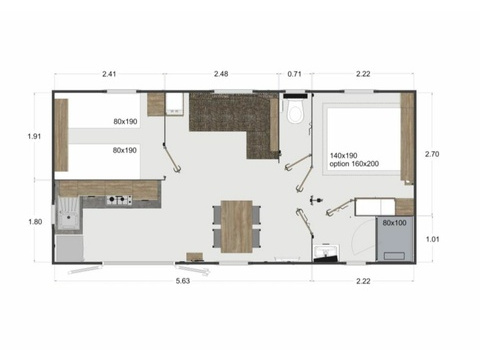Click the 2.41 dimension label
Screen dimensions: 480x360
click(x=109, y=74)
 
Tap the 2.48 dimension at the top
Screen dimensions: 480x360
click(x=221, y=74)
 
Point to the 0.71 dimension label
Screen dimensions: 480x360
click(x=294, y=74)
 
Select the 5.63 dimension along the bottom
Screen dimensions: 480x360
click(x=183, y=281)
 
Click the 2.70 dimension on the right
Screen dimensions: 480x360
click(x=432, y=154)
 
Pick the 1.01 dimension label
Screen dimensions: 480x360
click(x=433, y=239)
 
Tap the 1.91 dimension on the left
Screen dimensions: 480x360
click(x=34, y=136)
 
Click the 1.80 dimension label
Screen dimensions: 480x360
click(x=35, y=222)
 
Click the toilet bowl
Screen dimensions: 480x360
click(x=296, y=112)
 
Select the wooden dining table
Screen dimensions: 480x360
click(x=237, y=226)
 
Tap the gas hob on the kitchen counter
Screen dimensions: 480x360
click(x=119, y=200)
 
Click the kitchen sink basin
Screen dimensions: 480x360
click(x=69, y=213)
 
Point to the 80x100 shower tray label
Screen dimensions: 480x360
click(x=394, y=223)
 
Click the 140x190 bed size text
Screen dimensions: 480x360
click(x=343, y=156)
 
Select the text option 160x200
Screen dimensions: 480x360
click(x=354, y=164)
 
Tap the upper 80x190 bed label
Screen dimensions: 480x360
click(x=125, y=121)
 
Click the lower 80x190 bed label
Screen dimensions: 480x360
click(x=125, y=150)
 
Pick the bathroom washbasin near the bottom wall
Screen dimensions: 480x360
click(x=326, y=252)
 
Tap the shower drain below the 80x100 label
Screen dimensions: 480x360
click(x=394, y=256)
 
